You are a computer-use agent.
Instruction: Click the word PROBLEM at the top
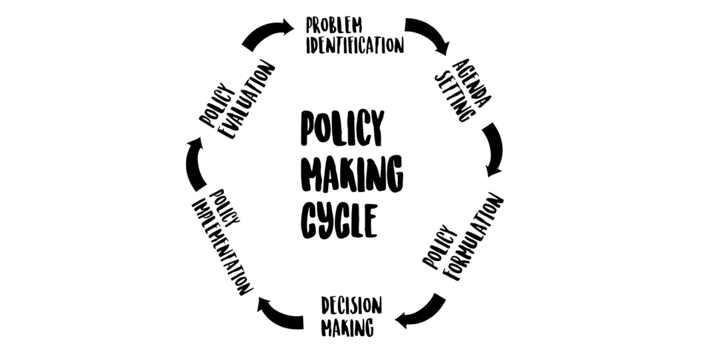pos(334,26)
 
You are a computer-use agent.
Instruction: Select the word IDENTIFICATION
pos(355,45)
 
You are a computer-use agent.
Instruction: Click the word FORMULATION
pos(474,236)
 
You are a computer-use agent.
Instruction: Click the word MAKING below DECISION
pos(347,327)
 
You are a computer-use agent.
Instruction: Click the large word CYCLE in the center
pos(339,221)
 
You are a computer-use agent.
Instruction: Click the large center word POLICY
pos(342,128)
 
